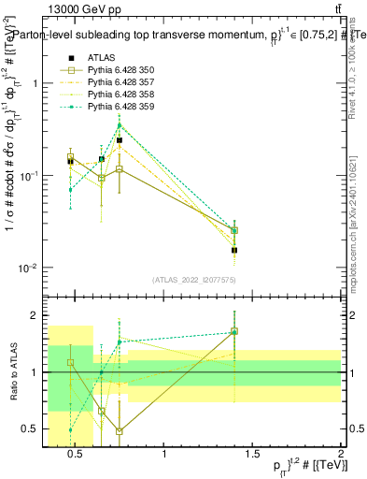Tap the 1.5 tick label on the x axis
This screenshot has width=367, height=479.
[x=253, y=455]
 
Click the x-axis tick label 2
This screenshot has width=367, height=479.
[x=341, y=455]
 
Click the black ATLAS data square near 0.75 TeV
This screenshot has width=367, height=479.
[x=120, y=140]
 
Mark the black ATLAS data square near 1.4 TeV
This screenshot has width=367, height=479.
[x=234, y=250]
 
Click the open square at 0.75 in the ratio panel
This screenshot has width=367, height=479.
[x=120, y=431]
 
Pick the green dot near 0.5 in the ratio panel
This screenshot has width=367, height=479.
[x=71, y=429]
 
